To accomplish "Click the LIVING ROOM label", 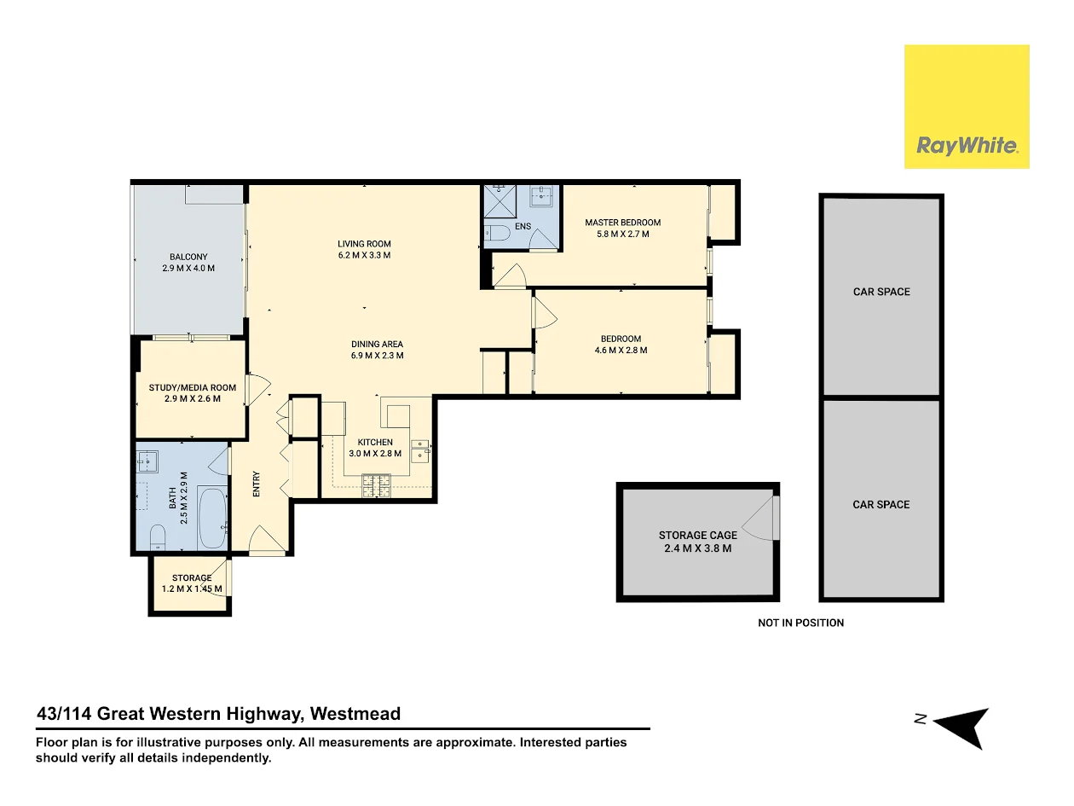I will (x=364, y=244).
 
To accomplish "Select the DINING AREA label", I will (x=377, y=345).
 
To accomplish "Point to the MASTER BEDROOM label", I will (x=622, y=223).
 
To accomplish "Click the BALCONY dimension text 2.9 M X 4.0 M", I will (x=188, y=268).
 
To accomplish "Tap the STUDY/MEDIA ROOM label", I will (x=192, y=388).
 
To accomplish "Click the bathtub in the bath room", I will (x=212, y=518).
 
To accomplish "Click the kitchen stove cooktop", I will (x=376, y=485).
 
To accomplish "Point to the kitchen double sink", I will (x=420, y=449).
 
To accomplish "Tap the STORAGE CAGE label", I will (x=697, y=536).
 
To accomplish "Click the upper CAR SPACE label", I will (x=881, y=292).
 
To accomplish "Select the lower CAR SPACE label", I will (x=881, y=504).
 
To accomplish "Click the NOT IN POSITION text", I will (x=800, y=623).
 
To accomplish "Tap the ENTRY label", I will (x=256, y=484).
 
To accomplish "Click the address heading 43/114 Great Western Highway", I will (x=218, y=714).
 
